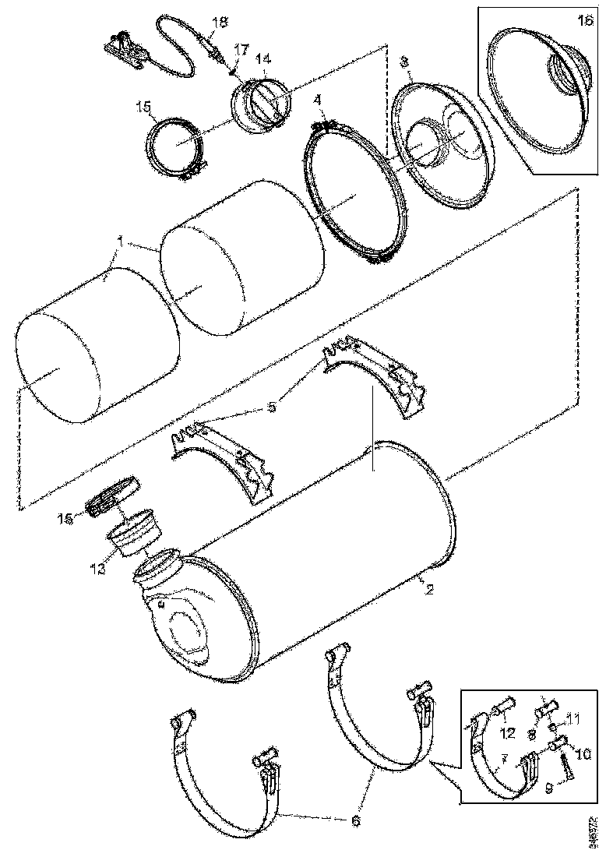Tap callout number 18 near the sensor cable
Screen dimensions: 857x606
point(219,22)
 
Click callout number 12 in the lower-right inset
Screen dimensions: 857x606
point(507,732)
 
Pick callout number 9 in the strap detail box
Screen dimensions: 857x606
point(550,788)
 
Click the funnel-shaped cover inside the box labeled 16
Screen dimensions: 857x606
point(537,86)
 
